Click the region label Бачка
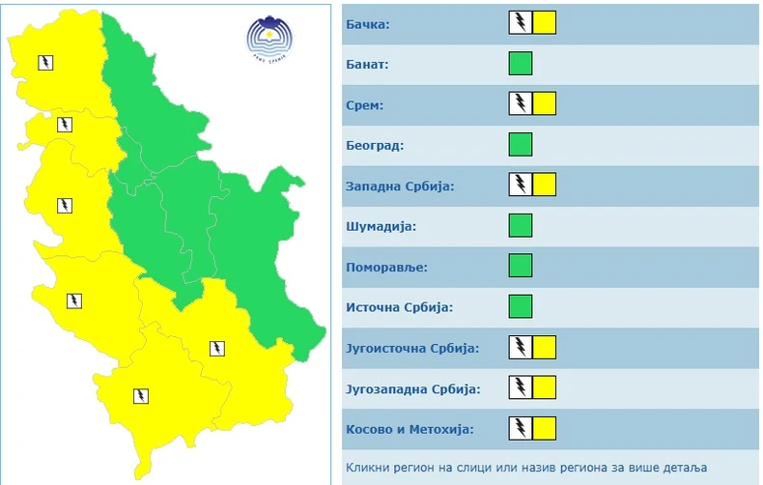[x=367, y=23]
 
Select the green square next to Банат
[x=521, y=64]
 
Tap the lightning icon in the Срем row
[x=521, y=103]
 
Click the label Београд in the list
[x=374, y=145]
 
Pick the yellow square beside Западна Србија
[x=544, y=185]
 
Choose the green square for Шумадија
[x=521, y=225]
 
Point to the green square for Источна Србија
[x=521, y=306]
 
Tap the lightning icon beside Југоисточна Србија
[x=521, y=347]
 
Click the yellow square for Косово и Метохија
[x=544, y=428]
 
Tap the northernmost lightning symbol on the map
[x=45, y=63]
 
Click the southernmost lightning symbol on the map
[x=140, y=394]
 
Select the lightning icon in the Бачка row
[x=521, y=23]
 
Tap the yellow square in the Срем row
[x=544, y=103]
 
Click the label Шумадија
[x=380, y=226]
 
